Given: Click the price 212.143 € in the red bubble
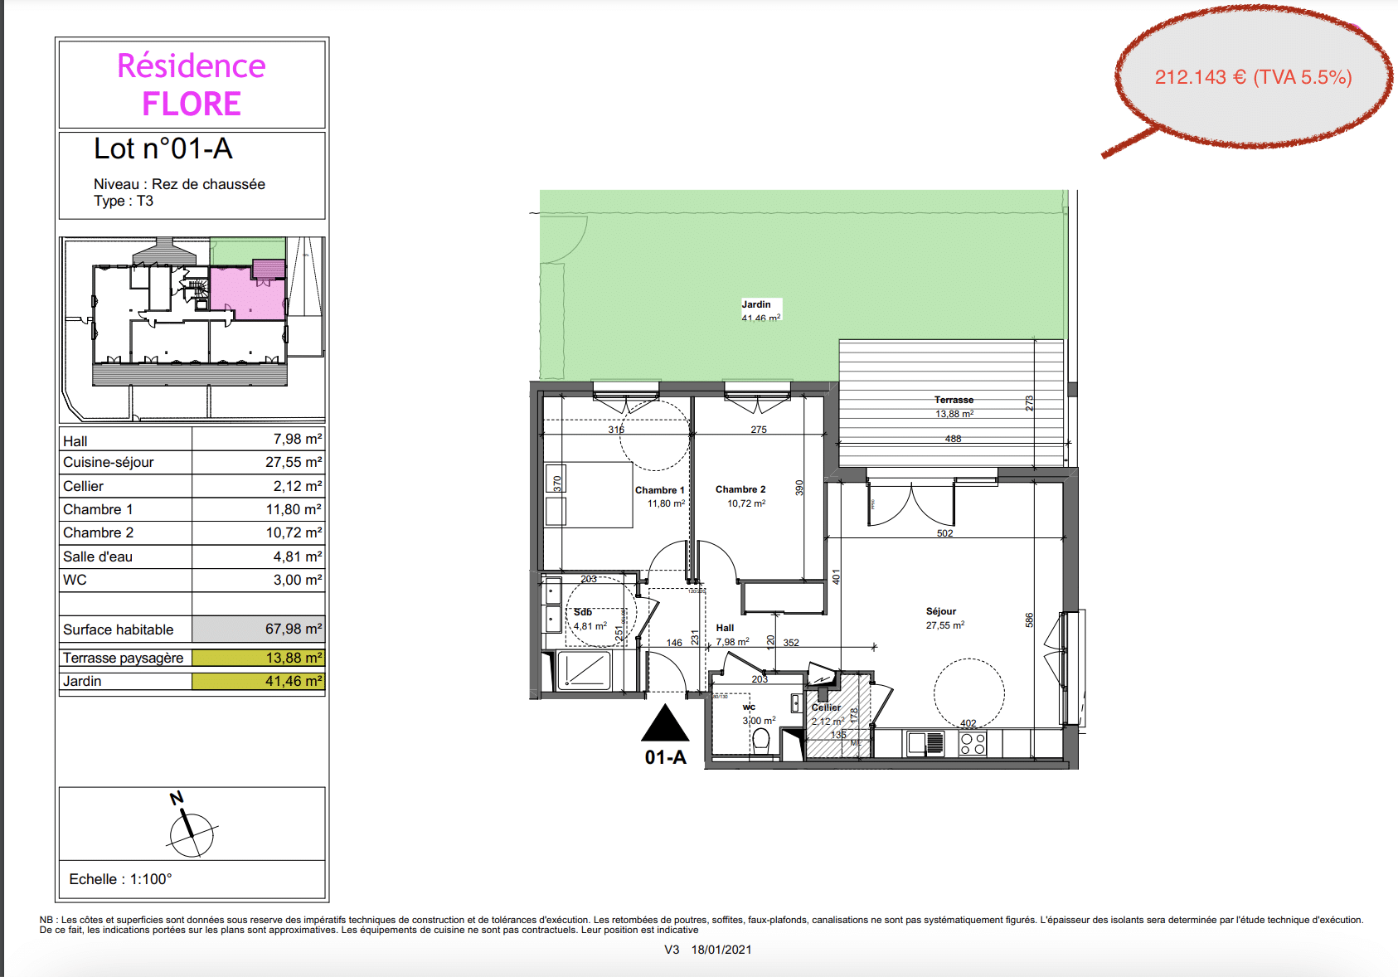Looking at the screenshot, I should coord(1201,77).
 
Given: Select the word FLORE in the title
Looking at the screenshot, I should coord(192,105).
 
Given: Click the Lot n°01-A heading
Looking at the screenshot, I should coord(163,148).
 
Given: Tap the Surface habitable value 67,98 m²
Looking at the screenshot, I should coord(294,629).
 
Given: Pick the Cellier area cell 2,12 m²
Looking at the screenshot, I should coord(294,486).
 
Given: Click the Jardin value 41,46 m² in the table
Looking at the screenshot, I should coord(294,681).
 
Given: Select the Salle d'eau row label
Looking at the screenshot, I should coord(98,557).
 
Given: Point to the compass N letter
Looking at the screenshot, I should coord(176,799).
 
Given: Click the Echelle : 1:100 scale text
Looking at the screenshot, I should coord(120,879).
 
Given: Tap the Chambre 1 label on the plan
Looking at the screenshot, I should coord(659,490).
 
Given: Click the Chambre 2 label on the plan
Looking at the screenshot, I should coord(740,489).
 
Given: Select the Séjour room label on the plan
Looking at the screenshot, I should coord(941,611).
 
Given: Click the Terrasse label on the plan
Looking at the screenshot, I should coord(954,400).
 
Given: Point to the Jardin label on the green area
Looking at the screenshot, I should coord(756,304).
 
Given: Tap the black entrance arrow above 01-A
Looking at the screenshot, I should coord(665,723).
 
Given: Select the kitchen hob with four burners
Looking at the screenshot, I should coord(973,744).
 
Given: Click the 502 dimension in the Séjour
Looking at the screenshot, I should coord(944,533).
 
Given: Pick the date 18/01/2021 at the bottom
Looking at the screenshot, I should coord(721,950).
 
